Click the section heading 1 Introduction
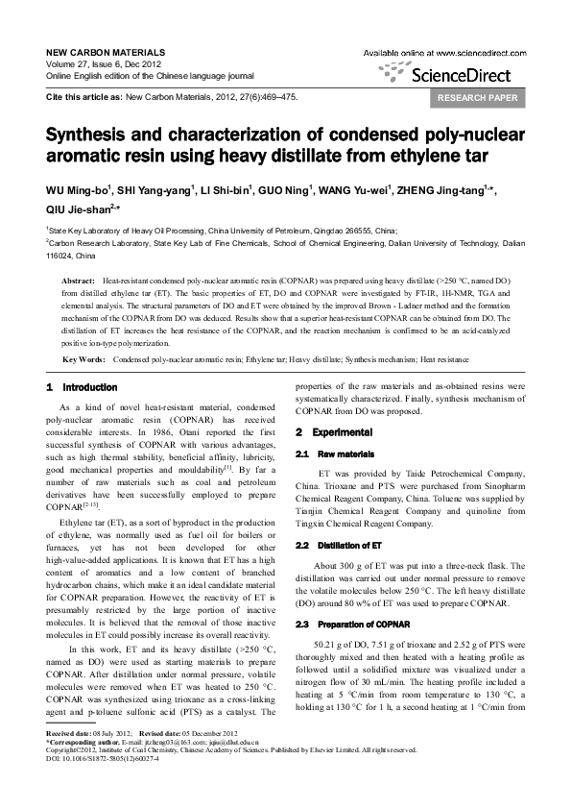pyautogui.click(x=82, y=387)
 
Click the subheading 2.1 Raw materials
pyautogui.click(x=326, y=454)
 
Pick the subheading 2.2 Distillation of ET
pyautogui.click(x=331, y=545)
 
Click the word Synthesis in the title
pyautogui.click(x=91, y=135)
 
